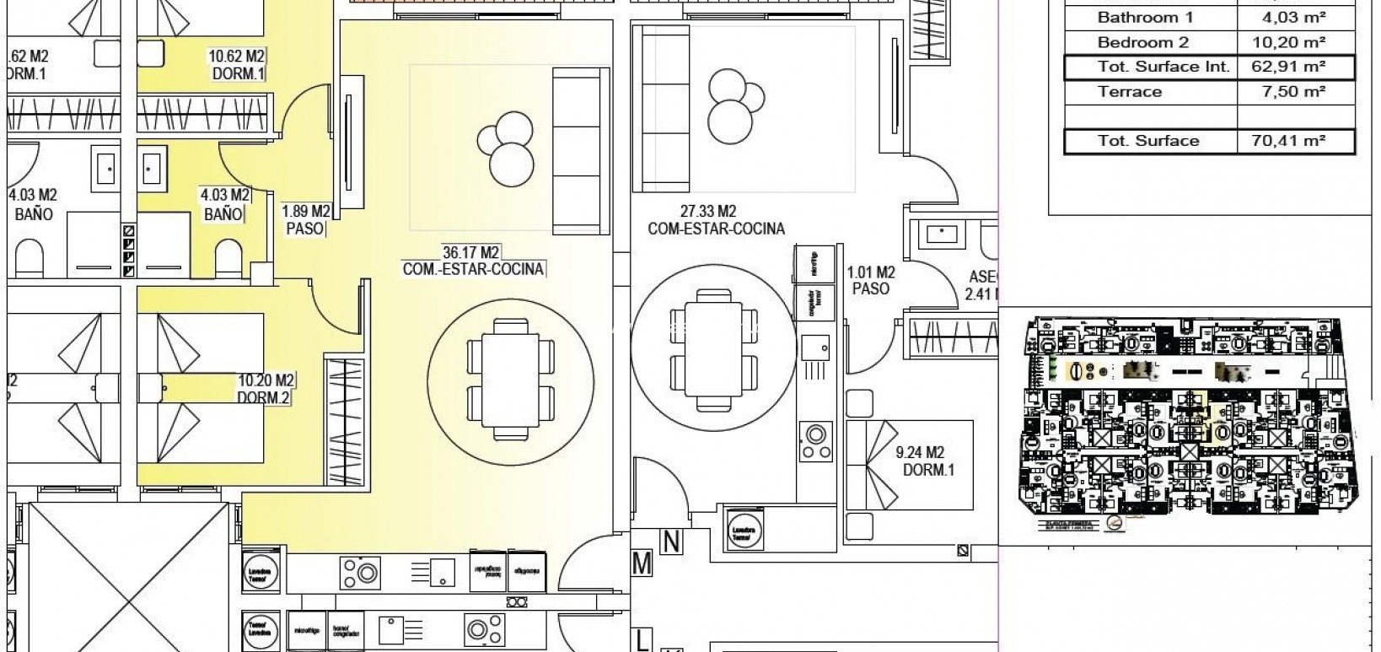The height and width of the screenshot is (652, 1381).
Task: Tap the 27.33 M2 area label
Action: [x=716, y=219]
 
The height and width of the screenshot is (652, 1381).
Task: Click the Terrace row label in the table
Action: [x=1129, y=91]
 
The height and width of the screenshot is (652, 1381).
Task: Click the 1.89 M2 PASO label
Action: [x=305, y=219]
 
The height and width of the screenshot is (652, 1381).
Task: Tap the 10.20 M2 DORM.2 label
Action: [x=265, y=389]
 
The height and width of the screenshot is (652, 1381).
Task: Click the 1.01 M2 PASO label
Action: [x=870, y=280]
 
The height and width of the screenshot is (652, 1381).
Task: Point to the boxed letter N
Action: [x=671, y=542]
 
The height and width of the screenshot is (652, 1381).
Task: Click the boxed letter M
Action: [x=642, y=563]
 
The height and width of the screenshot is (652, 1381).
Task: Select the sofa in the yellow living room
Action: [x=580, y=152]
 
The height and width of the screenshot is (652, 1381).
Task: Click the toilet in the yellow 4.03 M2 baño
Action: [x=227, y=259]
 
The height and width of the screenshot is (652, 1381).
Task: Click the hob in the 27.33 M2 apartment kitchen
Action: [x=815, y=442]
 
